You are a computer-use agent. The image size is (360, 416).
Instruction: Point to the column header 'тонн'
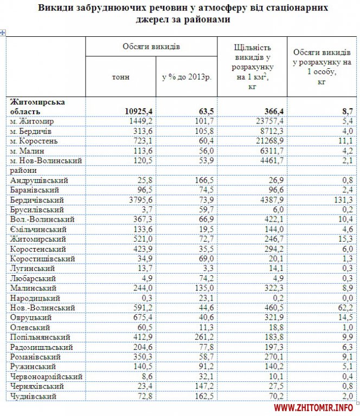[x=120, y=77]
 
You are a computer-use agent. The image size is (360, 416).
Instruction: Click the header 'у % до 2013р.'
[x=186, y=77]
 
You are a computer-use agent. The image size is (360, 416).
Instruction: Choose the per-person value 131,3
[x=344, y=200]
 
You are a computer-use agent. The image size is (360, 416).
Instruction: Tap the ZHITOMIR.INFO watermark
[x=314, y=407]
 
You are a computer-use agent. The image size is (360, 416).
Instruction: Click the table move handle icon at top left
[x=3, y=34]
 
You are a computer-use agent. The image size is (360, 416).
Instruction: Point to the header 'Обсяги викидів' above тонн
[x=151, y=47]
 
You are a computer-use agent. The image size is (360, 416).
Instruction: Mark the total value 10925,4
[x=135, y=112]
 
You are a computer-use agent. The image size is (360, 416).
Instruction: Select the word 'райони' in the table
[x=22, y=171]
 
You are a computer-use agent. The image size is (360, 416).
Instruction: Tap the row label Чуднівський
[x=34, y=396]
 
